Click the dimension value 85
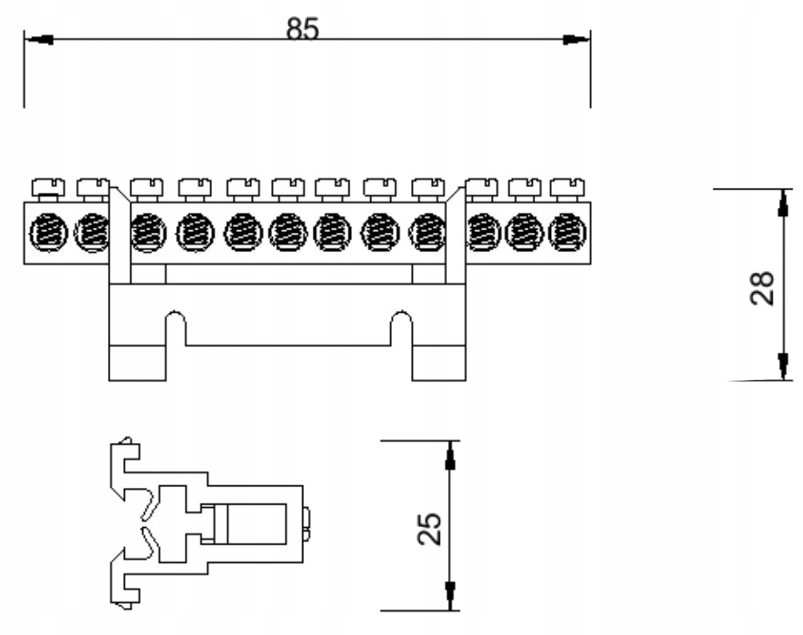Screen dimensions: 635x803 (x=302, y=29)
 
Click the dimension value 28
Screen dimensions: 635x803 (x=762, y=288)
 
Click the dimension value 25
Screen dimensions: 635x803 (x=430, y=529)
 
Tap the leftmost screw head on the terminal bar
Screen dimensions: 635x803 (x=47, y=188)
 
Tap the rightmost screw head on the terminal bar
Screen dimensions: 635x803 (x=566, y=188)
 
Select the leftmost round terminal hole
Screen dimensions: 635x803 (x=47, y=234)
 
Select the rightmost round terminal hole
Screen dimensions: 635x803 (x=565, y=234)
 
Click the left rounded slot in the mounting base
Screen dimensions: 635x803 (x=176, y=327)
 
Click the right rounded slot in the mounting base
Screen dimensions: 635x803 (x=401, y=327)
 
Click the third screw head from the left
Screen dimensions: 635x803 (x=146, y=188)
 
